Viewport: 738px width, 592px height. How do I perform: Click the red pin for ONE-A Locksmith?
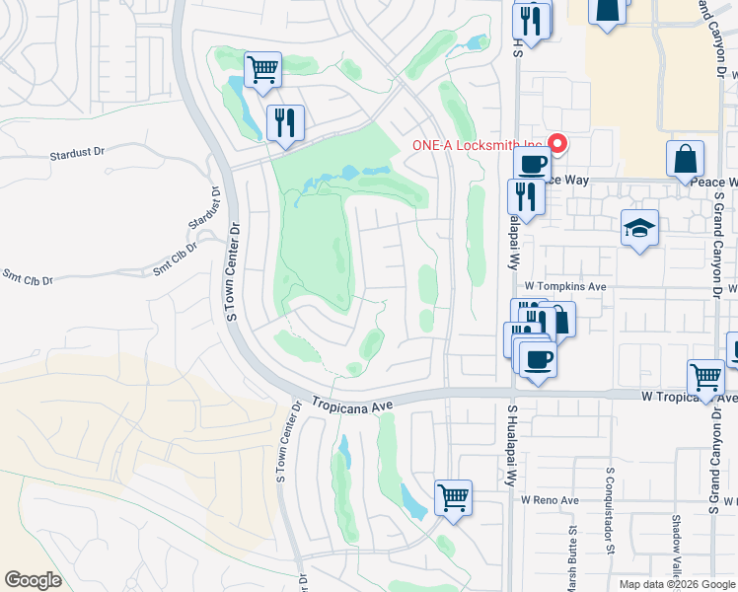[557, 145]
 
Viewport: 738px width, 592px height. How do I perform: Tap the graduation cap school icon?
[639, 229]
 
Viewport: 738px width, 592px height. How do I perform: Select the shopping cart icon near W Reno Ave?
[453, 497]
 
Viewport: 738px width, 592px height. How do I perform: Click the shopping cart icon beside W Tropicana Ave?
[705, 378]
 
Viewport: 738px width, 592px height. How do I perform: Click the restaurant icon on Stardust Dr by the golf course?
[284, 122]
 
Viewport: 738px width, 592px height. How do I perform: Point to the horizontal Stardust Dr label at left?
[77, 155]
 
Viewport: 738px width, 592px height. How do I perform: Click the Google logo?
[34, 580]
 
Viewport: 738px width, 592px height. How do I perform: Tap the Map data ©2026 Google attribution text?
[676, 584]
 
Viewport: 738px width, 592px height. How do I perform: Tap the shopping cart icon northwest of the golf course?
[262, 70]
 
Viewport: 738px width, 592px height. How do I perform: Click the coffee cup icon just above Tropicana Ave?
[538, 360]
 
